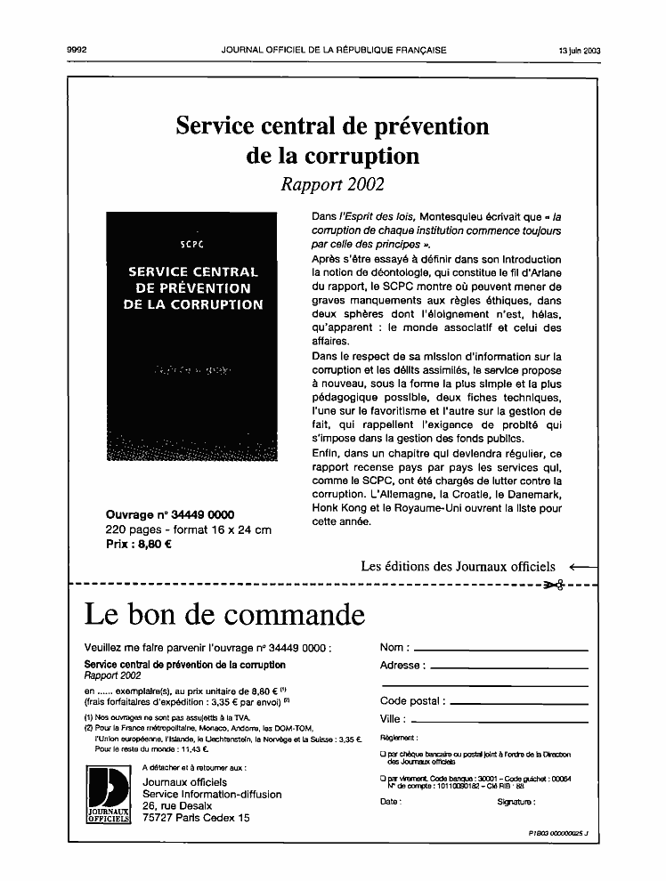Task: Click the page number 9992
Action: point(76,51)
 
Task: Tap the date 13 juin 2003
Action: point(579,51)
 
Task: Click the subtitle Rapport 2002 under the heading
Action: point(332,185)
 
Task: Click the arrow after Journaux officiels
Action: point(582,566)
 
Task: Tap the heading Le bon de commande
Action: point(224,614)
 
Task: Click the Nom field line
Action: point(501,650)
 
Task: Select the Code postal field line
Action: point(517,703)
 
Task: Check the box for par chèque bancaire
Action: point(383,755)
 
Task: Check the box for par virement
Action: point(383,779)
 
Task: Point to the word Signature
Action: point(516,802)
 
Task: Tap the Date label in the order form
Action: point(390,802)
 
